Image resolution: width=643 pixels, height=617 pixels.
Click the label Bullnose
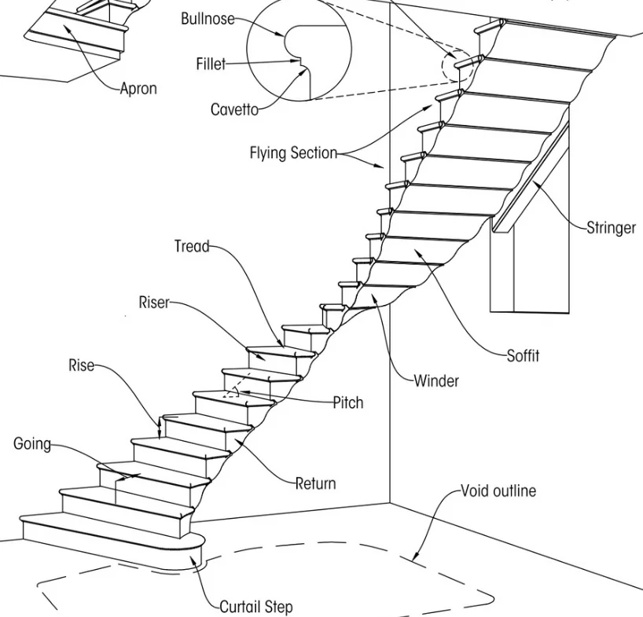pos(208,19)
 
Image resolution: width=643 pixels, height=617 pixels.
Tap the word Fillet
pos(211,64)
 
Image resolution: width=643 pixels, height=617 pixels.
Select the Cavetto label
pos(234,110)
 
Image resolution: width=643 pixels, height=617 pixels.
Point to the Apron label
pos(138,89)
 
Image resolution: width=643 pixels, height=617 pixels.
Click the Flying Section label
pos(293,153)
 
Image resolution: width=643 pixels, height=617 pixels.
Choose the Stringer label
pos(611,228)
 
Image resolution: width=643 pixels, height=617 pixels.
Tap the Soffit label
pos(523,355)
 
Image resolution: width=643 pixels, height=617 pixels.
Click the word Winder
pos(436,381)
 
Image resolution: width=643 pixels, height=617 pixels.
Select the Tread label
pos(192,247)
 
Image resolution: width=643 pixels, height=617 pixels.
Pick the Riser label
pos(154,302)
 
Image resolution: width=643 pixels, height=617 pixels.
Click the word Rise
pos(81,365)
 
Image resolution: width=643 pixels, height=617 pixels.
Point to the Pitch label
pos(348,402)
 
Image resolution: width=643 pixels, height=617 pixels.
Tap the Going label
pos(32,444)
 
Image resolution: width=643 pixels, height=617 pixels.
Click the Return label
pos(315,483)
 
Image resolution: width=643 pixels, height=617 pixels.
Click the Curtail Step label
pos(255,607)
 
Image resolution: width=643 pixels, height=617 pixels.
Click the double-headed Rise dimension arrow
pos(161,428)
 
